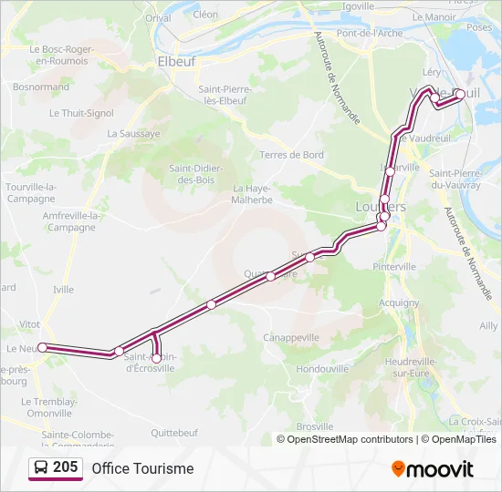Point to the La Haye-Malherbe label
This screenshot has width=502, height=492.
pyautogui.click(x=252, y=194)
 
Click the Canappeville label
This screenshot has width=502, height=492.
pyautogui.click(x=291, y=337)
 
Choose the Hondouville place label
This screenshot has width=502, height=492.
pyautogui.click(x=324, y=369)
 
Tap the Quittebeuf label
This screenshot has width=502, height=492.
pyautogui.click(x=174, y=432)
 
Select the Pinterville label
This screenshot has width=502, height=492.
pyautogui.click(x=394, y=266)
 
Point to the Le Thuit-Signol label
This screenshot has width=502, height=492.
pyautogui.click(x=82, y=113)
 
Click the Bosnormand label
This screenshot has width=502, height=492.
pyautogui.click(x=41, y=87)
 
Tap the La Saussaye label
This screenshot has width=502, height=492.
pyautogui.click(x=133, y=133)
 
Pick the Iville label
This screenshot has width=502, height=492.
pyautogui.click(x=63, y=289)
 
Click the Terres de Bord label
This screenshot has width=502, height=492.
pyautogui.click(x=292, y=155)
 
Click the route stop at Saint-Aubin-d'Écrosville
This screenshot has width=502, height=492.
pyautogui.click(x=156, y=358)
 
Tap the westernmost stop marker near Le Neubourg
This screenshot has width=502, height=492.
pyautogui.click(x=42, y=347)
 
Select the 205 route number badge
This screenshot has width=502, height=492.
pyautogui.click(x=56, y=468)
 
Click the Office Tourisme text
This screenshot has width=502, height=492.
pyautogui.click(x=142, y=468)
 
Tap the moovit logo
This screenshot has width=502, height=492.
pyautogui.click(x=433, y=469)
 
